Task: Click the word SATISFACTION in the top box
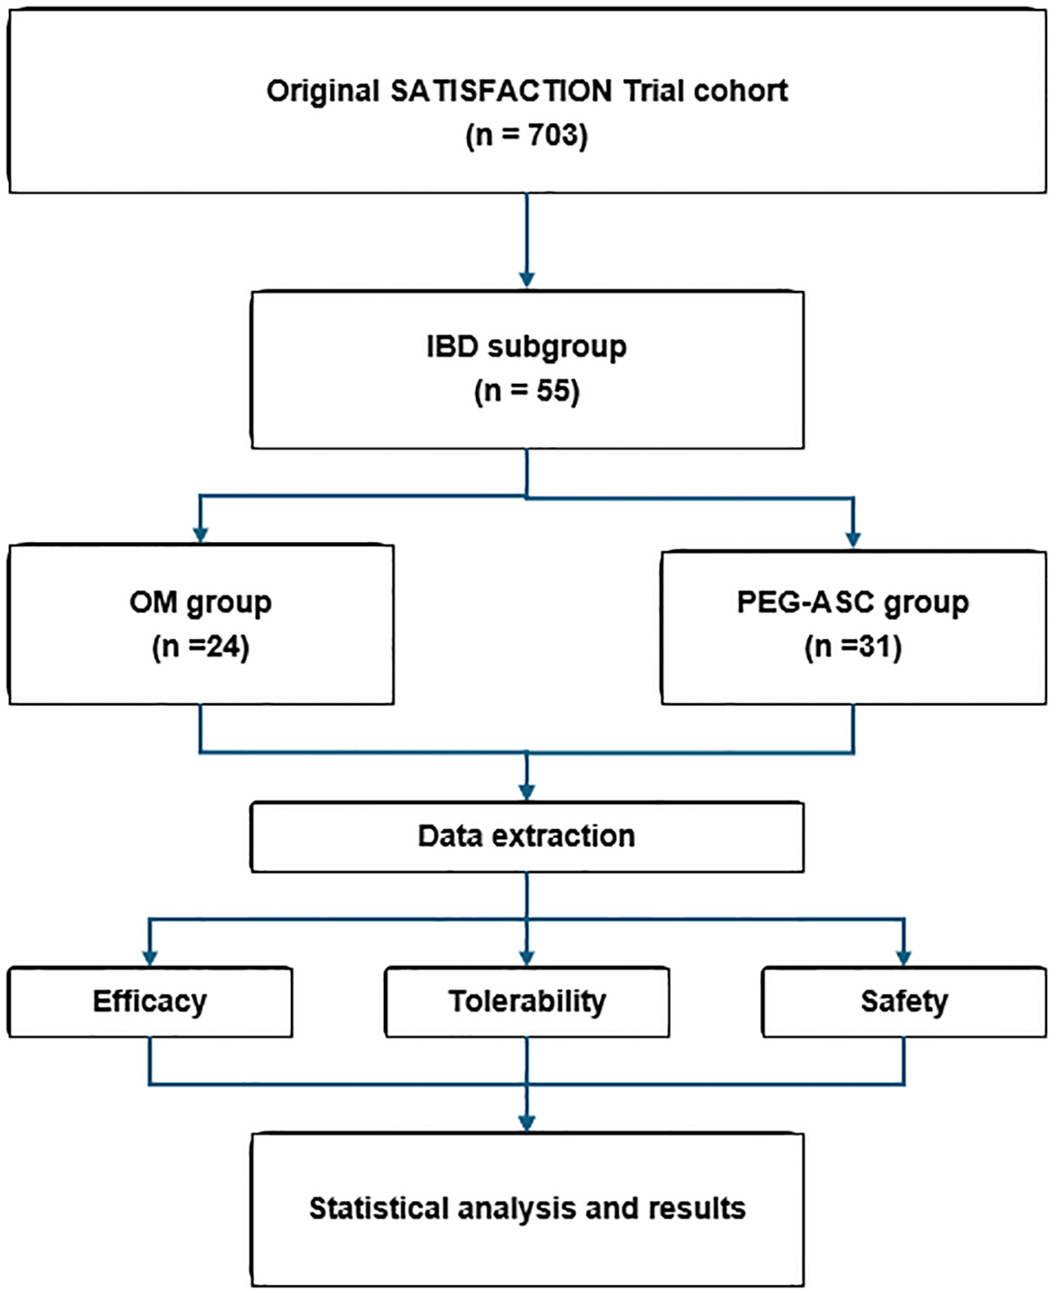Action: point(502,91)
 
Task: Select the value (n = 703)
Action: point(527,136)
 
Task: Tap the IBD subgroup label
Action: point(527,346)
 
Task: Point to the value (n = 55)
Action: point(527,391)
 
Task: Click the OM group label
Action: point(200,602)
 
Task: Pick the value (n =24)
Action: point(200,647)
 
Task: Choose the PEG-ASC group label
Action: point(852,602)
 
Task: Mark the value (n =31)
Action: point(852,647)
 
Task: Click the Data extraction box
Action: point(527,836)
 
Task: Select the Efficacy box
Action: point(150,1002)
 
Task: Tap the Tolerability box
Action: point(527,1002)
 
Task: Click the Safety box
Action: point(904,1002)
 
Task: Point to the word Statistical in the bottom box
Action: point(379,1208)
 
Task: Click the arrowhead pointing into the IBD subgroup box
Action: point(527,280)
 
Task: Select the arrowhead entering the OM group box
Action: point(200,535)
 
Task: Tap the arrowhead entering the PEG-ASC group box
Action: point(853,539)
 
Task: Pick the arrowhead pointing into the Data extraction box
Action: point(527,792)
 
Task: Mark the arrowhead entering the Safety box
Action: point(904,957)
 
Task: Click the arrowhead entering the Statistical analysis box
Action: point(527,1123)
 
